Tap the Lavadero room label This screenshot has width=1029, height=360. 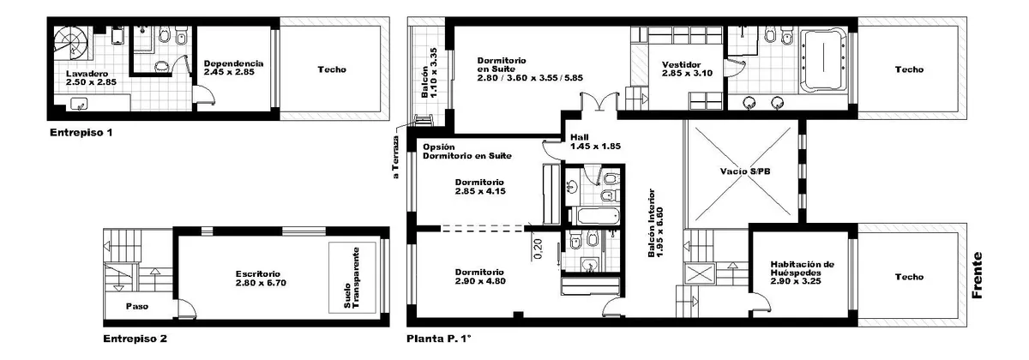tap(87, 74)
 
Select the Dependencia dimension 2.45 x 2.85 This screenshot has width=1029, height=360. tap(229, 72)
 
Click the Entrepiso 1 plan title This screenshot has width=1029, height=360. tap(81, 133)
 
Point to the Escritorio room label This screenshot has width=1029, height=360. tap(258, 274)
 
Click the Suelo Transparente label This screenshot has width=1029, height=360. tap(352, 278)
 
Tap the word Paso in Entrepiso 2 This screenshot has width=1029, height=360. tap(137, 306)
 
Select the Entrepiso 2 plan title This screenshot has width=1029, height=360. tap(135, 339)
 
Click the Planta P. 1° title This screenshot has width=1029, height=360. tap(439, 339)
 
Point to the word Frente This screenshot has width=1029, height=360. tap(977, 275)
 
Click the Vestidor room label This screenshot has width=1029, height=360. tap(681, 65)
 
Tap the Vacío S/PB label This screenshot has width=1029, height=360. tap(745, 171)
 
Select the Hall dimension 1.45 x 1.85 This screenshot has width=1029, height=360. tap(595, 147)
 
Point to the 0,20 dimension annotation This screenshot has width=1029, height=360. tap(538, 249)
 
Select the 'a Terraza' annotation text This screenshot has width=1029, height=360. tap(396, 157)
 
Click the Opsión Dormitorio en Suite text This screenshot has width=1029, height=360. tap(466, 152)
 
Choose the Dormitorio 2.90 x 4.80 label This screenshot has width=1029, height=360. tap(480, 277)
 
